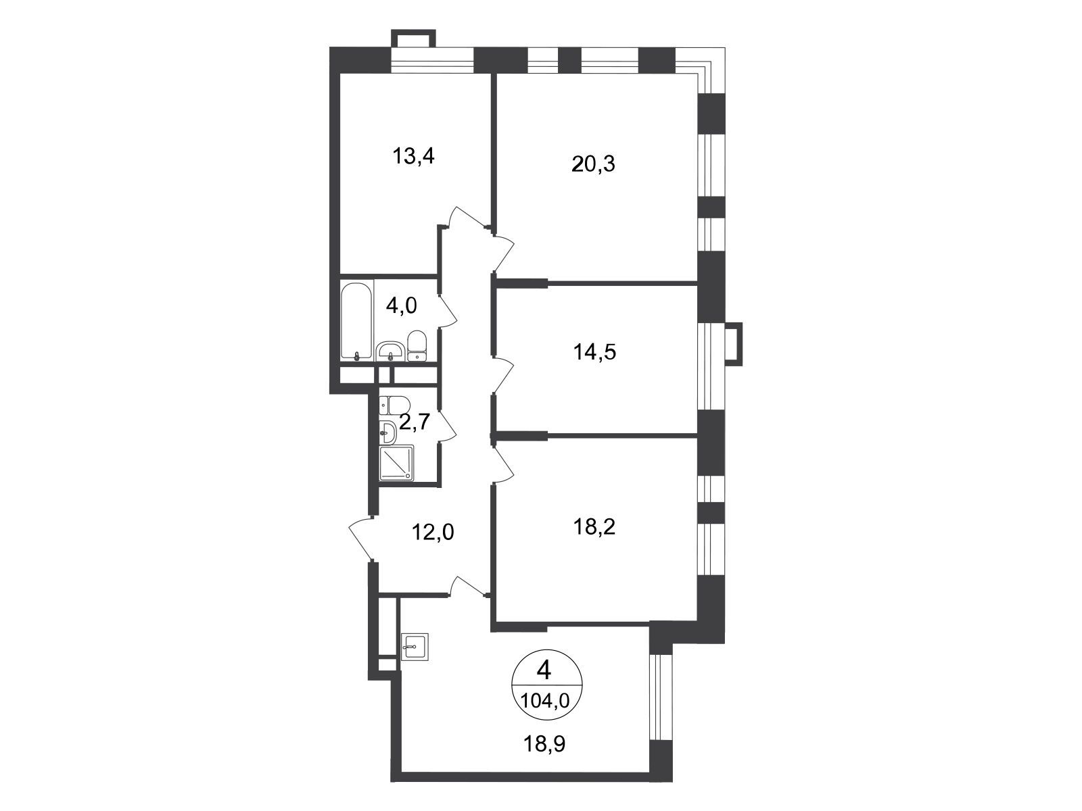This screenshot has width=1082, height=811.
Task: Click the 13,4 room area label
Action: [413, 157]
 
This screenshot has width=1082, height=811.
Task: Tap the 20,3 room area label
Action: [593, 164]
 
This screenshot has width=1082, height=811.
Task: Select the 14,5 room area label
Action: [594, 352]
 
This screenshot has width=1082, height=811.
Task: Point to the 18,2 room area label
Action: [594, 527]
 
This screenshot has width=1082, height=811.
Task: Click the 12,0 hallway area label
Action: [432, 532]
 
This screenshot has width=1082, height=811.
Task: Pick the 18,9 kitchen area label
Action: [544, 716]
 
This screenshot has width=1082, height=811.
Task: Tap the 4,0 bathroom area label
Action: [401, 305]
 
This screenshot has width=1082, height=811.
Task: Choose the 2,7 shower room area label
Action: [415, 422]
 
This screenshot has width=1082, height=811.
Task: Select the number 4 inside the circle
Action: [544, 670]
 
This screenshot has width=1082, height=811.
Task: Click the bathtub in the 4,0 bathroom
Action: [357, 320]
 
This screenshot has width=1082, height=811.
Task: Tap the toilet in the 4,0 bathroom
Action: [417, 346]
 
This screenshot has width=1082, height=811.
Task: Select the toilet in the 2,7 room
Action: [395, 405]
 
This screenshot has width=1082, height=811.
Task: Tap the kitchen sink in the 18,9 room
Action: [415, 646]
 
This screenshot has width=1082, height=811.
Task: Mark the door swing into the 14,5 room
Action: [504, 374]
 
